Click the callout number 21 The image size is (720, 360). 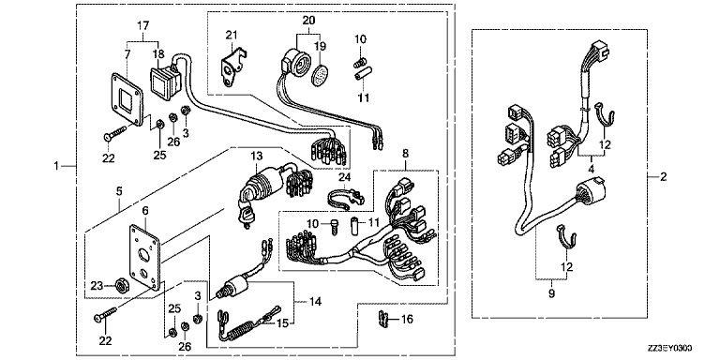232,36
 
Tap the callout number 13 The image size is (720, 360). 256,157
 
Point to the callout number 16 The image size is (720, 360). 407,319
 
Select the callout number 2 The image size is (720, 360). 663,177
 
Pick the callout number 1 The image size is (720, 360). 56,166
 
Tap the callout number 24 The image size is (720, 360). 345,178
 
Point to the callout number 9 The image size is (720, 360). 551,293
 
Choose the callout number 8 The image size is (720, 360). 405,152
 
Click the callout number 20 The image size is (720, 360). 307,20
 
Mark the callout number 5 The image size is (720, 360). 119,190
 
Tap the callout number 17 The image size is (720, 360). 144,26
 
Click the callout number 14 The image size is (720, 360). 315,302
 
